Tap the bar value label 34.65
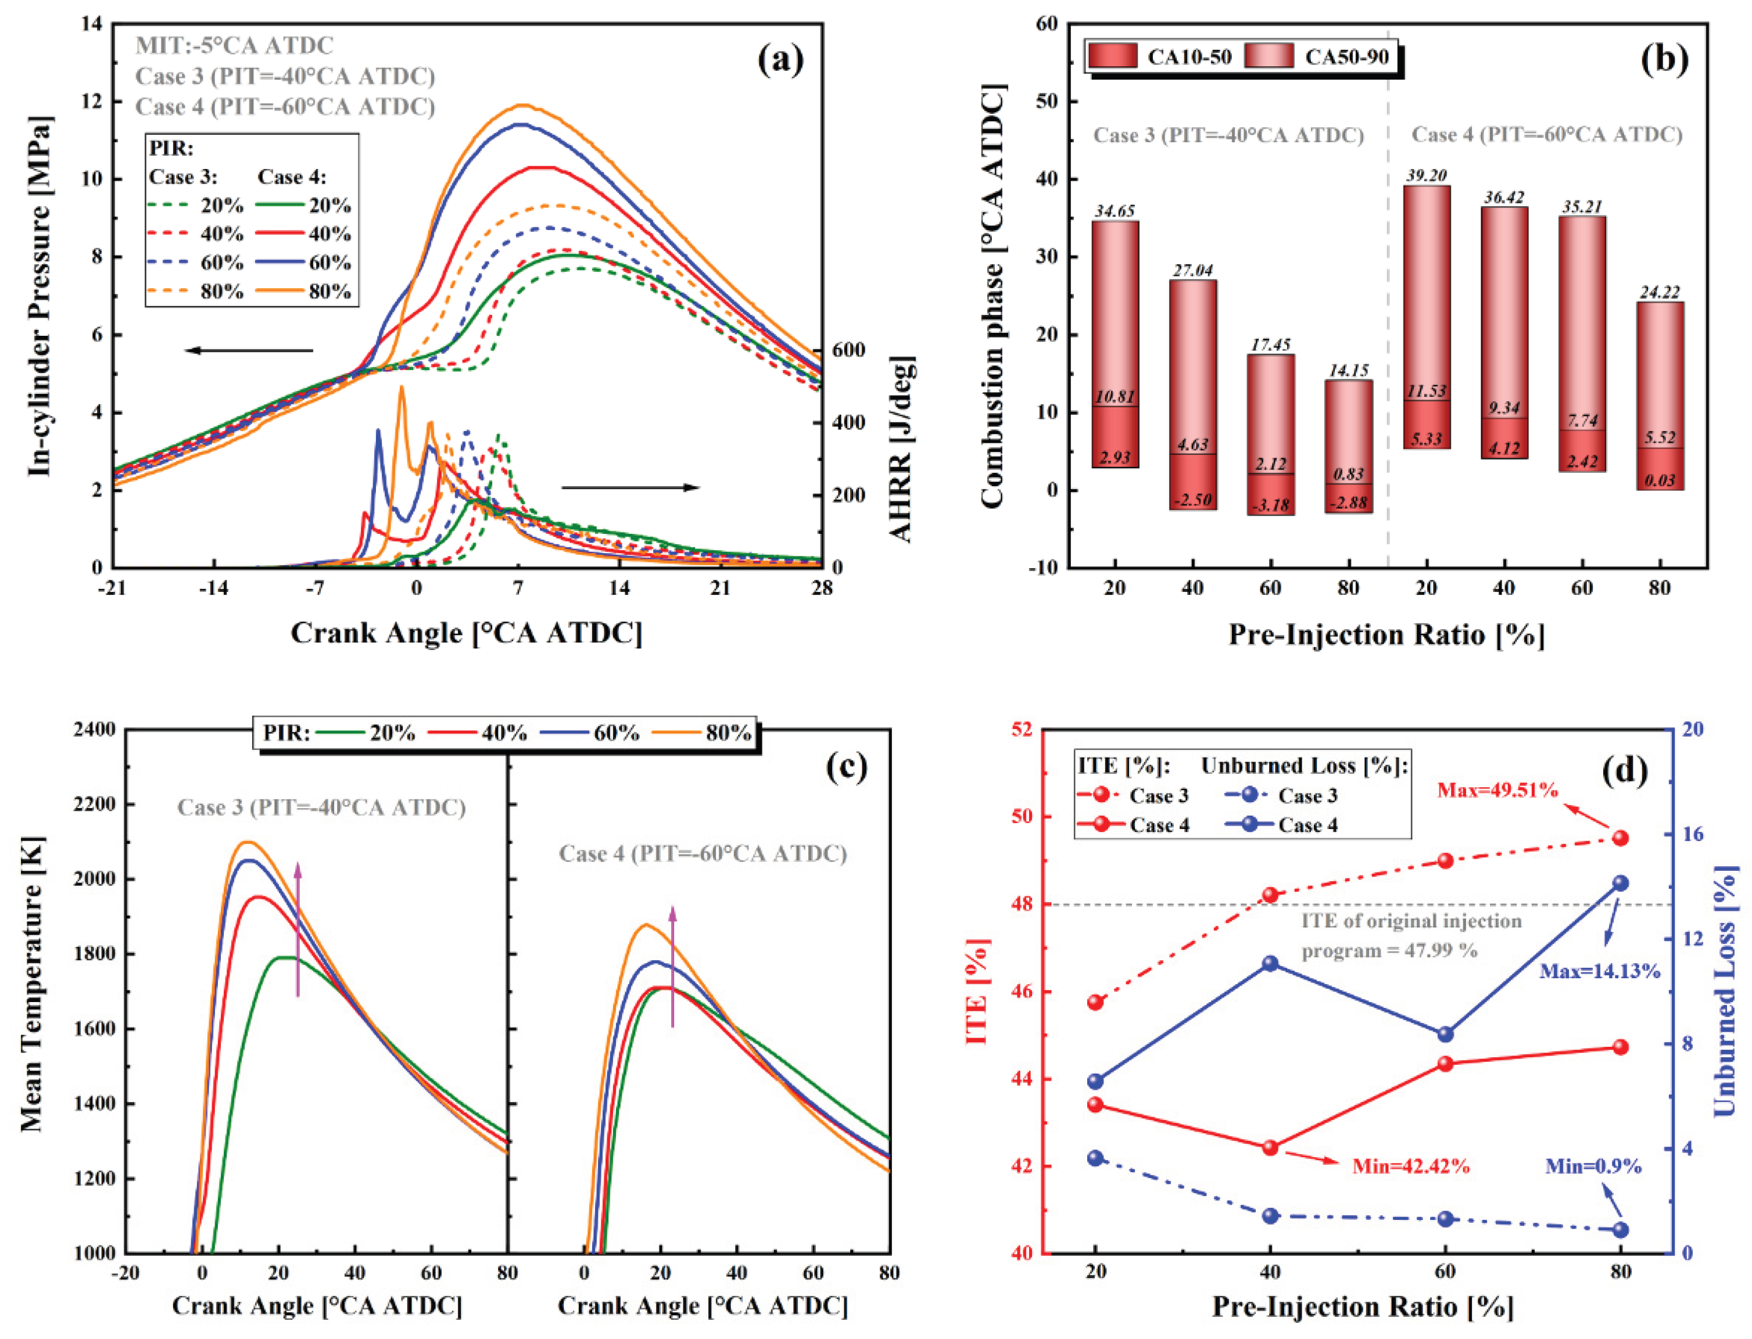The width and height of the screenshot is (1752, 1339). pyautogui.click(x=1115, y=211)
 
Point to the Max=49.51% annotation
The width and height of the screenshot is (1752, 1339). pyautogui.click(x=1497, y=790)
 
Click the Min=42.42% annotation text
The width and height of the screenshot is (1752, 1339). pyautogui.click(x=1411, y=1166)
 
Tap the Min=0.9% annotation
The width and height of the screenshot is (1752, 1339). pyautogui.click(x=1593, y=1166)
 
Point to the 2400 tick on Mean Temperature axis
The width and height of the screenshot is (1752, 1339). pyautogui.click(x=94, y=729)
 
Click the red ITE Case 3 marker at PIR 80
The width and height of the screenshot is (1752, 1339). pyautogui.click(x=1620, y=838)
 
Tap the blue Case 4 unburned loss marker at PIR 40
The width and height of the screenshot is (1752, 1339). pyautogui.click(x=1270, y=964)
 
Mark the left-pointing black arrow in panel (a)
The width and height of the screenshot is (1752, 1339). pyautogui.click(x=249, y=350)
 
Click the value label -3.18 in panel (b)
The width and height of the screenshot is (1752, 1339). pyautogui.click(x=1270, y=505)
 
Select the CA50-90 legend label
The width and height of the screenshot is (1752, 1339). pyautogui.click(x=1346, y=56)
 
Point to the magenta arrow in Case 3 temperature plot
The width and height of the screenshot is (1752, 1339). pyautogui.click(x=298, y=929)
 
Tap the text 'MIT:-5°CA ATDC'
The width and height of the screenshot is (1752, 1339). pyautogui.click(x=234, y=45)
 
